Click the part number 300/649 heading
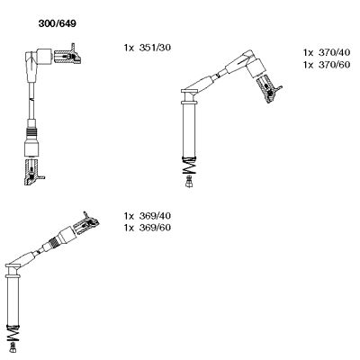pos(57,23)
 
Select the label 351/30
pos(155,48)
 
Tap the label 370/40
pos(334,52)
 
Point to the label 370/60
pos(334,65)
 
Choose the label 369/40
pos(155,216)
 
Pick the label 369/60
pos(155,228)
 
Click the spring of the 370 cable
pos(189,166)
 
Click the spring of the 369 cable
pos(13,333)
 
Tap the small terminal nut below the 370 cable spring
pos(189,182)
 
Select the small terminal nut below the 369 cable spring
pos(13,348)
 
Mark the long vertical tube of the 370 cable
pos(189,130)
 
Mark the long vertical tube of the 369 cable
pos(13,301)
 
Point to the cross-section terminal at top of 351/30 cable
pos(67,55)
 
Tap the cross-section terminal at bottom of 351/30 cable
pos(33,172)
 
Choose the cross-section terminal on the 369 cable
pos(87,223)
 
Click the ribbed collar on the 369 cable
pos(54,241)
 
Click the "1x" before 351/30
pos(129,48)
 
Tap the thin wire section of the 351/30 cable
pos(31,101)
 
